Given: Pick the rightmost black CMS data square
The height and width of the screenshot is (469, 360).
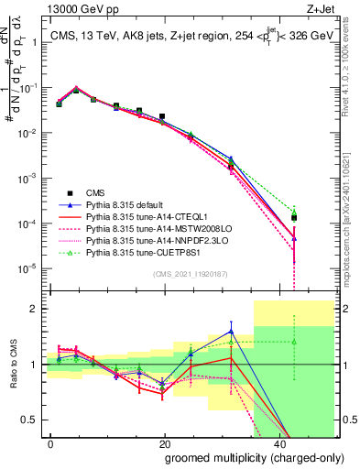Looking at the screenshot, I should tap(293, 218).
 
